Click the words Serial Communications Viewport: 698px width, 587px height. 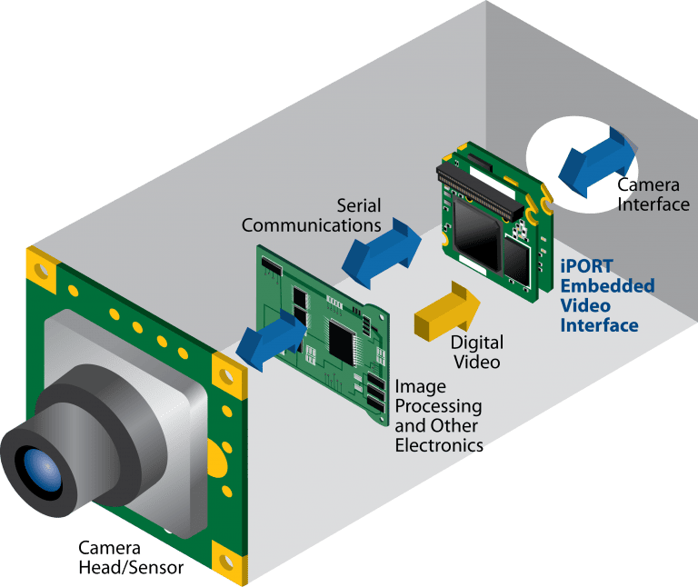point(311,214)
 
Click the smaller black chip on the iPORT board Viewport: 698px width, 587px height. point(515,258)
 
